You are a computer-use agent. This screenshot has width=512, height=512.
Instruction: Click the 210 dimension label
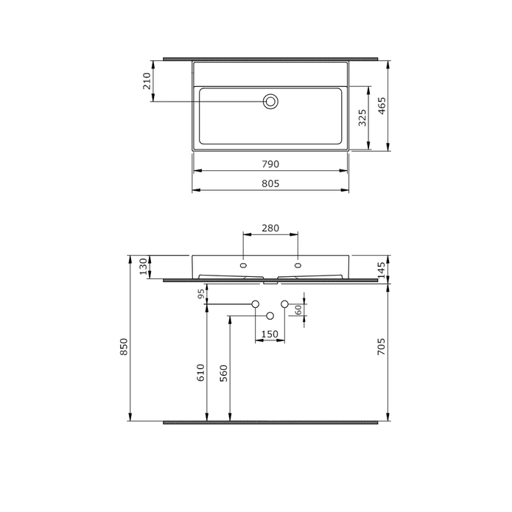click(x=147, y=80)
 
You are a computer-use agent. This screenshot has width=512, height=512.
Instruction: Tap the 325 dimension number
click(x=362, y=118)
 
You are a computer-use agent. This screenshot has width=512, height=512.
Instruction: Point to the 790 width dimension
click(x=270, y=164)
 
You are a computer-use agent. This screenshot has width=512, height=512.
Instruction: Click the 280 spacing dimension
click(x=270, y=228)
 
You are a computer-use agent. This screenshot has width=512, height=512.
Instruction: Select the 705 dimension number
click(x=383, y=347)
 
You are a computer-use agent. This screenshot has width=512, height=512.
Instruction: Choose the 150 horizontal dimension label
click(x=270, y=335)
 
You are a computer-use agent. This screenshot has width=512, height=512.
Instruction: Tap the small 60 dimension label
click(x=298, y=310)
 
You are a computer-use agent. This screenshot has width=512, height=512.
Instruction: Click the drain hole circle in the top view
click(x=270, y=102)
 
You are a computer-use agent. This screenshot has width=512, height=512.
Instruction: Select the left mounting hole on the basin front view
click(x=243, y=264)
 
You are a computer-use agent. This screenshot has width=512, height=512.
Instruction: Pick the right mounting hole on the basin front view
click(x=298, y=264)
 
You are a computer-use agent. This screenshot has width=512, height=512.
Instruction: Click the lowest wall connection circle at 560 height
click(x=270, y=316)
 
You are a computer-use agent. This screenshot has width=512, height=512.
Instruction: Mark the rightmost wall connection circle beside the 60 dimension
click(x=284, y=304)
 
